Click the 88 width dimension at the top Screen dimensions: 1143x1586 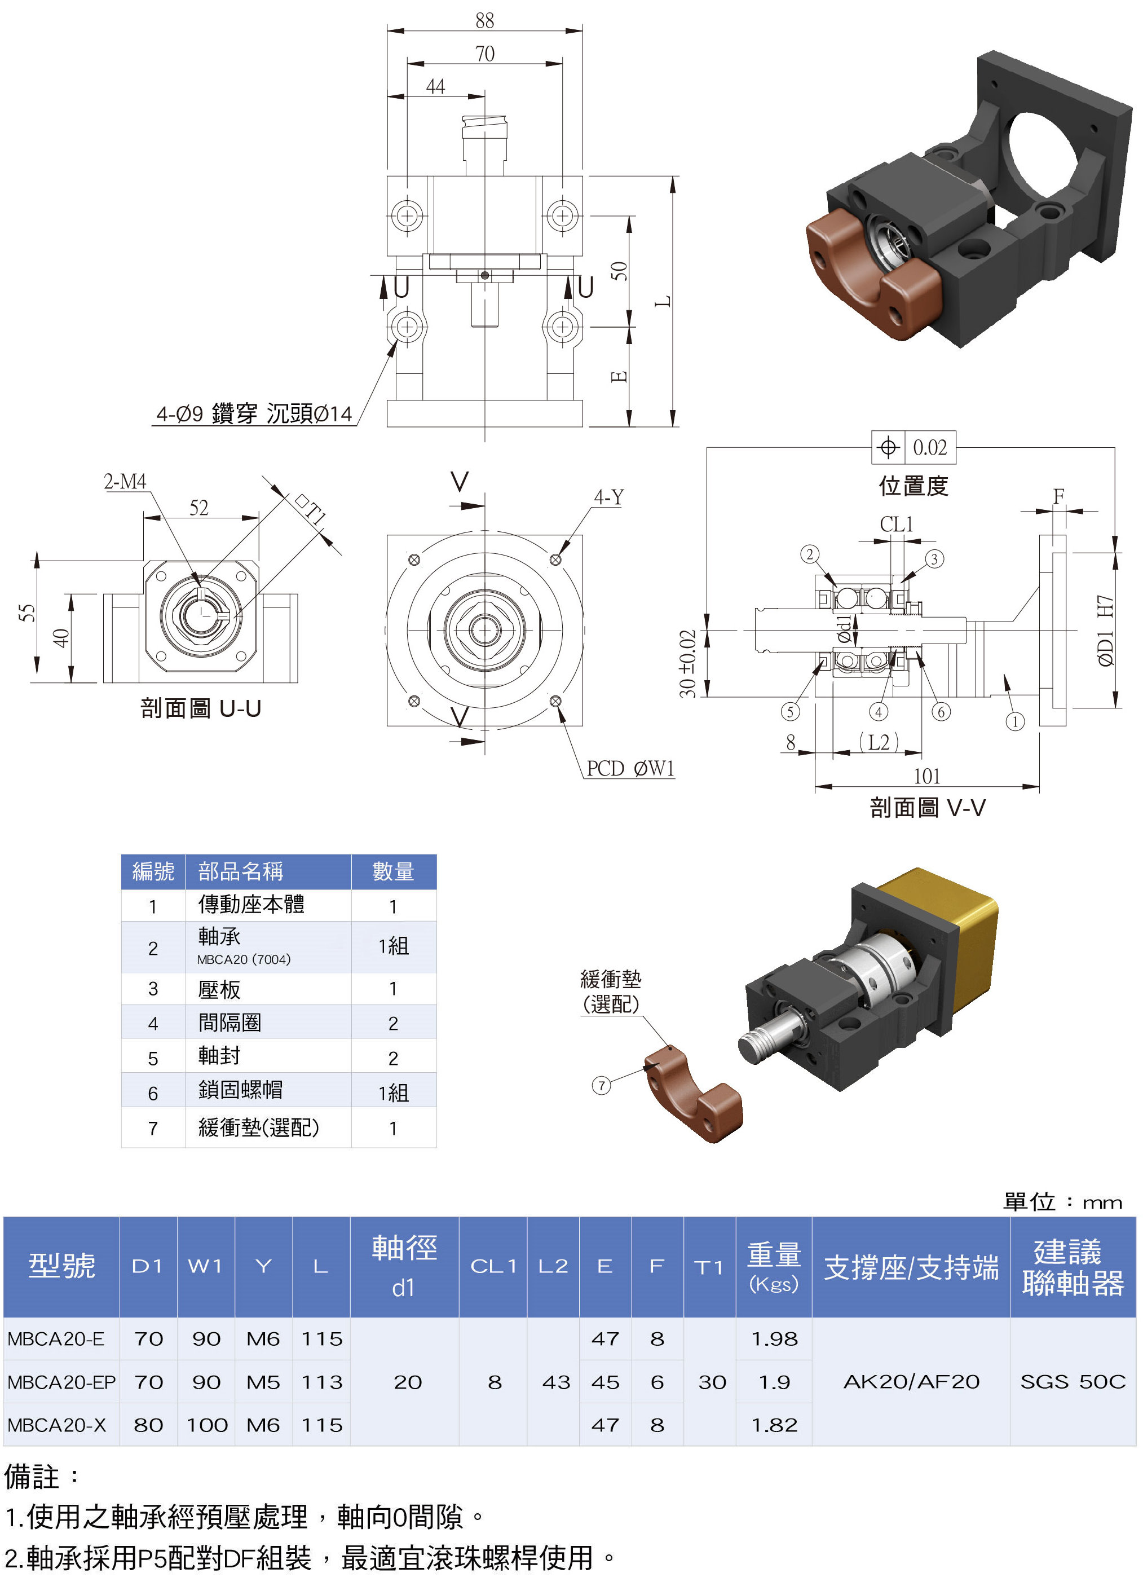[x=484, y=20]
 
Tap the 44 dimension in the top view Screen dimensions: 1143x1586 [x=435, y=86]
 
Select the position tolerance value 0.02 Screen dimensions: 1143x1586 [x=930, y=448]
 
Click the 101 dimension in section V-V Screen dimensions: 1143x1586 [x=927, y=776]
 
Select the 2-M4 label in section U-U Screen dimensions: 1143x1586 [x=125, y=481]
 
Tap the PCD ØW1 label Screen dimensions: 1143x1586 [x=630, y=769]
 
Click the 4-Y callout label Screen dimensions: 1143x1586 [x=609, y=497]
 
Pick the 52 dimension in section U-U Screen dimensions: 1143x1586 [x=199, y=508]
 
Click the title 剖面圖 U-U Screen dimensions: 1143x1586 [x=201, y=708]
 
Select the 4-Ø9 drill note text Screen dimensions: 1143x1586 [x=254, y=413]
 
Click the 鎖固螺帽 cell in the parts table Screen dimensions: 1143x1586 [x=240, y=1090]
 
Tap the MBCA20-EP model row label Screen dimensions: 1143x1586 [x=61, y=1382]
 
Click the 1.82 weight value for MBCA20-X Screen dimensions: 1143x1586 [x=774, y=1425]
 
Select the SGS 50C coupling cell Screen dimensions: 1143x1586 [x=1073, y=1382]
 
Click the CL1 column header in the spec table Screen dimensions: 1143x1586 [x=493, y=1266]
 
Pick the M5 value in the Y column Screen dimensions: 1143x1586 [x=263, y=1382]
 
